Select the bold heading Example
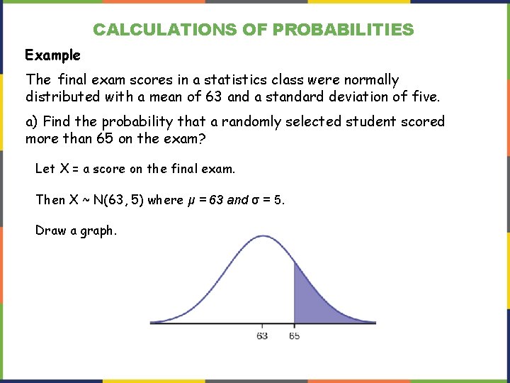click(53, 55)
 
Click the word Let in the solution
click(45, 169)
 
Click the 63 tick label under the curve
click(262, 335)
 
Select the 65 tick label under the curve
click(294, 335)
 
